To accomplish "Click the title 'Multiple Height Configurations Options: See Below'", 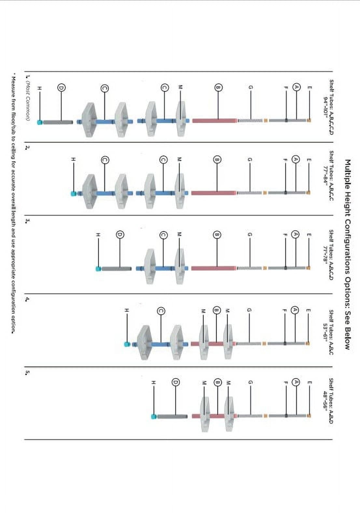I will (x=347, y=255).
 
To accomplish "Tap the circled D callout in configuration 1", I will (x=62, y=88).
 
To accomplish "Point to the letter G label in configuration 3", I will (x=250, y=234).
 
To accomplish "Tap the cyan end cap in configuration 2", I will (x=74, y=194).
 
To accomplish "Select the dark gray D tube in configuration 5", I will (x=173, y=416).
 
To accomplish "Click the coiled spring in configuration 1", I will (x=250, y=121).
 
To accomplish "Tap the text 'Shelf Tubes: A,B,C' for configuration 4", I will (x=331, y=332).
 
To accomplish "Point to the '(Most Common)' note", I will (x=28, y=103).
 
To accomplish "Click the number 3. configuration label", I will (x=28, y=221).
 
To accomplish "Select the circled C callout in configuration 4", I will (x=161, y=311).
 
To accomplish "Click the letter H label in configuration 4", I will (x=127, y=311).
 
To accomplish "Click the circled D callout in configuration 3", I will (x=120, y=235).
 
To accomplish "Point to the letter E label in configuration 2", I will (x=309, y=160).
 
